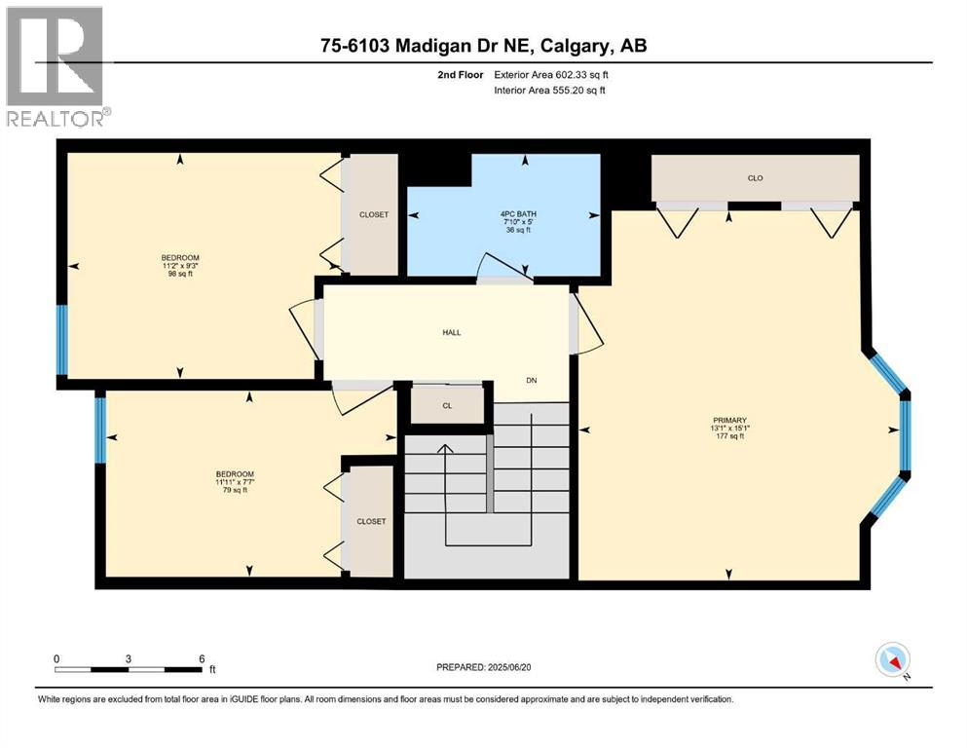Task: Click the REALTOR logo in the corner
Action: point(56,65)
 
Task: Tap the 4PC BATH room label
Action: point(526,213)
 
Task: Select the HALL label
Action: point(451,332)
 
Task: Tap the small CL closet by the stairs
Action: point(447,405)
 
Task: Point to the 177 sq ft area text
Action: point(727,436)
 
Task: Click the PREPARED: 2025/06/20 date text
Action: point(487,667)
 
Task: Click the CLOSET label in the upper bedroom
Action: point(374,214)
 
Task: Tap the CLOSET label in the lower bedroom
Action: point(371,521)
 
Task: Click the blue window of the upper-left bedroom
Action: point(61,340)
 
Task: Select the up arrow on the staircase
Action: point(445,450)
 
